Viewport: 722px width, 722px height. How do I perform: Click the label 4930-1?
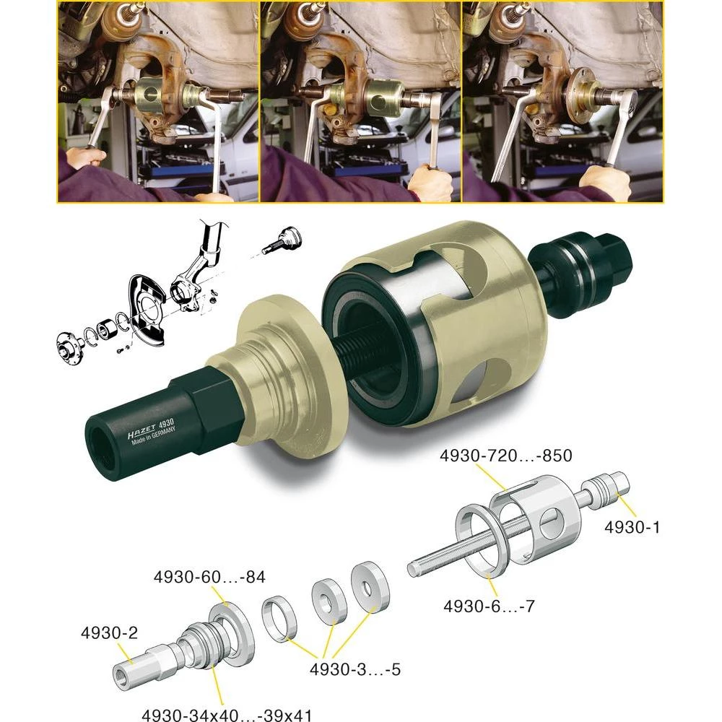[x=632, y=528]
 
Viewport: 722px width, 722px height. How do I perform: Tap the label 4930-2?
[x=109, y=633]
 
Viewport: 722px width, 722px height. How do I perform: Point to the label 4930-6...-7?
[x=489, y=606]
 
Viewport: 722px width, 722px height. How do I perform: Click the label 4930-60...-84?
[x=209, y=578]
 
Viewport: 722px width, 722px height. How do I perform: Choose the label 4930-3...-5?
[x=355, y=669]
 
